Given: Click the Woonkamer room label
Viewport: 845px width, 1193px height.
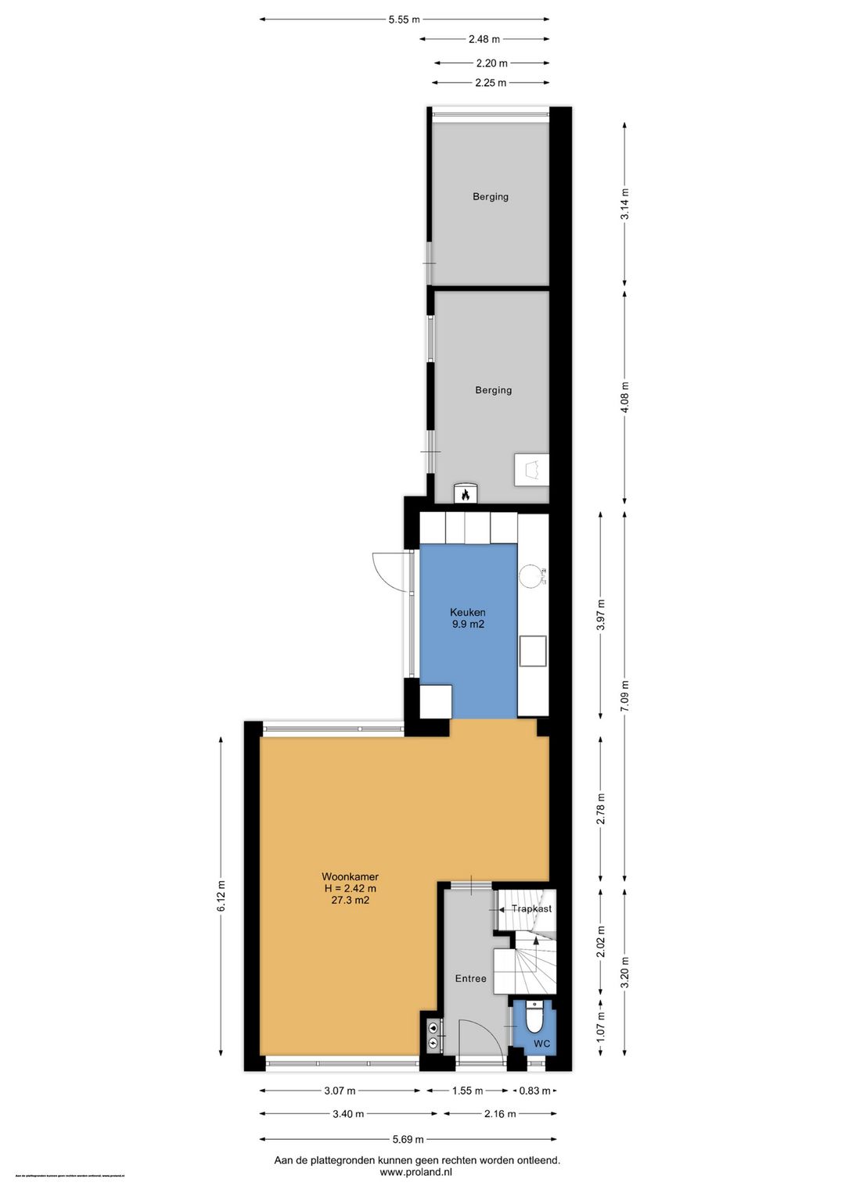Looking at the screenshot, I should point(350,876).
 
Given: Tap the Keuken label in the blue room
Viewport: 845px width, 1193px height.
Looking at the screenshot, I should point(467,612).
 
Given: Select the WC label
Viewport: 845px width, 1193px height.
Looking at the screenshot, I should point(541,1044).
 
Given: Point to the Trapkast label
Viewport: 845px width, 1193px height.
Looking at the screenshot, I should point(531,908).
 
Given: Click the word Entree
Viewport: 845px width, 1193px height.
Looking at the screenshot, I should point(470,979).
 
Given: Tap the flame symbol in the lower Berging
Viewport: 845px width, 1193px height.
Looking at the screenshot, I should point(466,494).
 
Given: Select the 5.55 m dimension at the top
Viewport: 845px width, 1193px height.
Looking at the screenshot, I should point(404,20).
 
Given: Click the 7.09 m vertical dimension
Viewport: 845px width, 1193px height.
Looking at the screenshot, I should point(624,696).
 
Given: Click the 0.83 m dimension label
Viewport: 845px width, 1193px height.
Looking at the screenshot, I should point(534,1091).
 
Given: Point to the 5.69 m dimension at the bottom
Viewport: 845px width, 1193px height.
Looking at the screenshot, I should point(408,1139).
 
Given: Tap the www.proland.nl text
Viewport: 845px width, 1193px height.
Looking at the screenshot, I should point(415,1172).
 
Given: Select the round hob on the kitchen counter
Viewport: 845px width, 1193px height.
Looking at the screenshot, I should point(530,575).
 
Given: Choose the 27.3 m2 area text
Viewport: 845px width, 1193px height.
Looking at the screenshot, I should point(350,901).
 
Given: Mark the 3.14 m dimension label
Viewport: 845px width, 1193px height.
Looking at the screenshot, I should point(624,204).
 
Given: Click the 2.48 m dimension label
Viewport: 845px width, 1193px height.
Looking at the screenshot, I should point(484,39).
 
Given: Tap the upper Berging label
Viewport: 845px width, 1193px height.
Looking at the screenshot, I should point(491,197).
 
